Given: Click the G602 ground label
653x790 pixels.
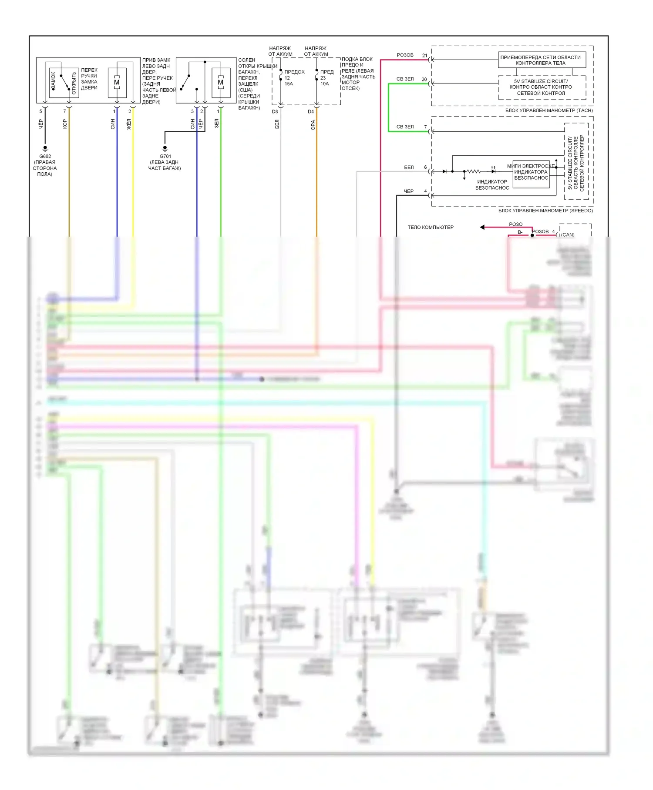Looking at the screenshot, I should coord(45,156).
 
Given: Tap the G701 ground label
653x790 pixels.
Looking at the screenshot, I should coord(165,156).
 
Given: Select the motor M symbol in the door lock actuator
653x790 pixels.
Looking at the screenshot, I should coord(117,82).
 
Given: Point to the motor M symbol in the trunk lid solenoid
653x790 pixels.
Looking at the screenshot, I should coord(221,82).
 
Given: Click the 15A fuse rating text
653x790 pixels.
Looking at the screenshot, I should coord(289,84).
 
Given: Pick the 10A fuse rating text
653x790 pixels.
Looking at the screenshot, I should coord(325,84).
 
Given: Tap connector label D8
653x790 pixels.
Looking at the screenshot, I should coord(275,112).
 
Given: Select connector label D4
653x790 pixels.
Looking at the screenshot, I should coord(311,112).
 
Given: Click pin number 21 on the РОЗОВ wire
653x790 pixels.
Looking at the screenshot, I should coord(425,56).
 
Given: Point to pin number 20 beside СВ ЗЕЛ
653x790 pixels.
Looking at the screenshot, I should coord(424,80).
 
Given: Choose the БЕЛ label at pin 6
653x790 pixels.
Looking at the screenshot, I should coord(409,167).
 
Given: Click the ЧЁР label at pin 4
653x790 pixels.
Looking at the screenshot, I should coord(408,191).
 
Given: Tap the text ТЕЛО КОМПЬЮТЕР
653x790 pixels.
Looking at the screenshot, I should coord(430,228).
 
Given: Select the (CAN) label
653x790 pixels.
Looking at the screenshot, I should coord(568,235).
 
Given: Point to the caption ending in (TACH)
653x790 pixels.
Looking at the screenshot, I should coord(549,110).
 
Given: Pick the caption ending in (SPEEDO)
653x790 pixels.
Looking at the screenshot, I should coord(545,211).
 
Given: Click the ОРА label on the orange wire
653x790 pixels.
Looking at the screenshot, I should coord(313,125).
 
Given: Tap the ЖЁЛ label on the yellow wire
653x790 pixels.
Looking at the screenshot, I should coord(129,124).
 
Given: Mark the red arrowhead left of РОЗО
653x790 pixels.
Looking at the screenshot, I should coord(482,227).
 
